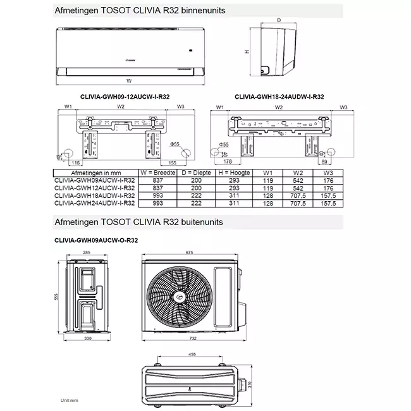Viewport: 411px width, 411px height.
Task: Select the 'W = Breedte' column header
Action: (159, 172)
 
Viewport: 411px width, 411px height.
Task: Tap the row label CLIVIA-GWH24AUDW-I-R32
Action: (95, 203)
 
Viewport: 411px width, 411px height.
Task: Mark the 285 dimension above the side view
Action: (87, 252)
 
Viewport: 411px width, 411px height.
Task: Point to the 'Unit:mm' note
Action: (70, 400)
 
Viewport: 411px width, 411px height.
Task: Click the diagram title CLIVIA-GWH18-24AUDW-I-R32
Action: (279, 97)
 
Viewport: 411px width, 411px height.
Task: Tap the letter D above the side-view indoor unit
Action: (279, 20)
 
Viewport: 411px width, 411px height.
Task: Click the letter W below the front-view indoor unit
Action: (128, 82)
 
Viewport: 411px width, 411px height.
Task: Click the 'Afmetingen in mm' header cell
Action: (95, 172)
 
